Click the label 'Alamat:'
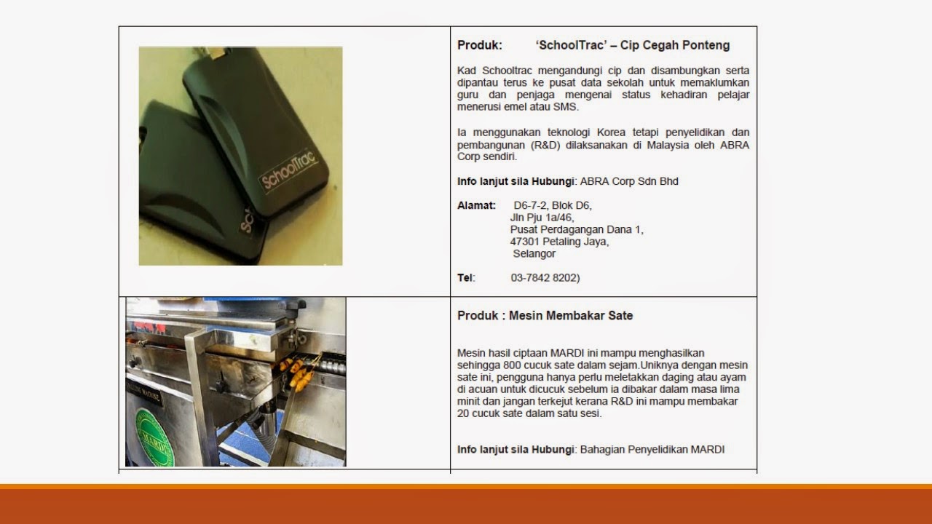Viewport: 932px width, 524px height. pyautogui.click(x=476, y=205)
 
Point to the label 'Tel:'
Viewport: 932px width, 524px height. pyautogui.click(x=466, y=277)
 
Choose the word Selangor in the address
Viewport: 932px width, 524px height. pyautogui.click(x=534, y=254)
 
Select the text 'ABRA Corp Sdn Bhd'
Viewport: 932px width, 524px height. pyautogui.click(x=629, y=181)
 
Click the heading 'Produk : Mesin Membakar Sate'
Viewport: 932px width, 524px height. pyautogui.click(x=545, y=316)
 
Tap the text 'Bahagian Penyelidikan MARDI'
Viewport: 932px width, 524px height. pyautogui.click(x=652, y=449)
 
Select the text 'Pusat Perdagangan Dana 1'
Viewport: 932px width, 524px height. pyautogui.click(x=577, y=229)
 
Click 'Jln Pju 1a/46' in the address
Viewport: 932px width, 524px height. pyautogui.click(x=542, y=218)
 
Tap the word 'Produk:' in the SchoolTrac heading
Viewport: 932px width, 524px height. pyautogui.click(x=480, y=45)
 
